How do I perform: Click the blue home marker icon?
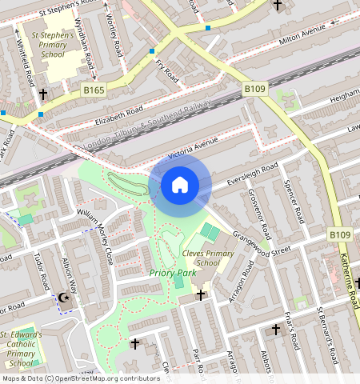click(x=180, y=186)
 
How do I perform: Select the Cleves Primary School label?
click(x=208, y=258)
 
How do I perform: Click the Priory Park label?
click(x=172, y=273)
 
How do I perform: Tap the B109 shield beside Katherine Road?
click(x=340, y=234)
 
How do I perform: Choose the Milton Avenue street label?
click(x=302, y=35)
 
